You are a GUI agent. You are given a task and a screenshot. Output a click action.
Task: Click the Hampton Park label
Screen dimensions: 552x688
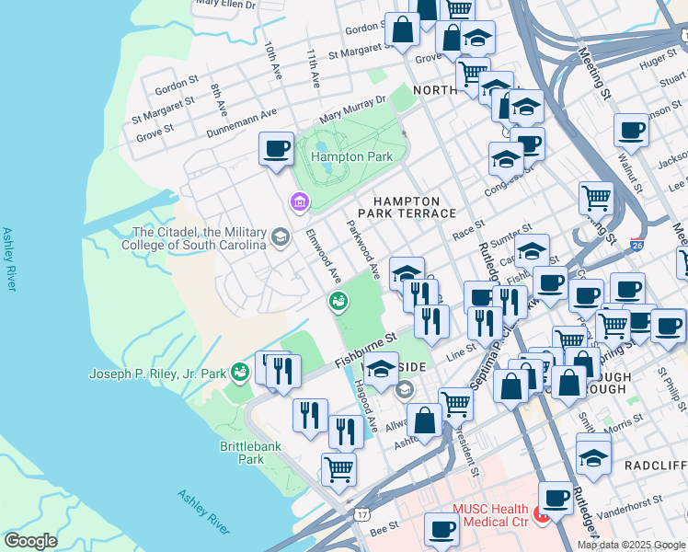coord(351,156)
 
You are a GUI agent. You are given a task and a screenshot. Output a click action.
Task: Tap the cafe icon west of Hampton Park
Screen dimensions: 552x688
coord(275,149)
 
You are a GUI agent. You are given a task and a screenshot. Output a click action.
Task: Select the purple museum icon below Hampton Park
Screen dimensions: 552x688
coord(300,201)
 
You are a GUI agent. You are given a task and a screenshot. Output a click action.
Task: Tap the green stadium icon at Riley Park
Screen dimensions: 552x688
coord(240,372)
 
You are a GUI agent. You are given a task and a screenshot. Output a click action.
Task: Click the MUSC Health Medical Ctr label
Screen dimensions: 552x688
coord(491,515)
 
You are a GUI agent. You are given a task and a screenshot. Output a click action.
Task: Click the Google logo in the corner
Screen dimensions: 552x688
coord(30,541)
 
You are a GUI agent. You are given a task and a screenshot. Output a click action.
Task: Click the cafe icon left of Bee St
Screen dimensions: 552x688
coord(441,529)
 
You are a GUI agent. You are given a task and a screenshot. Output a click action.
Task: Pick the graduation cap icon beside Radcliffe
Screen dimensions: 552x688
coord(594,456)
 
